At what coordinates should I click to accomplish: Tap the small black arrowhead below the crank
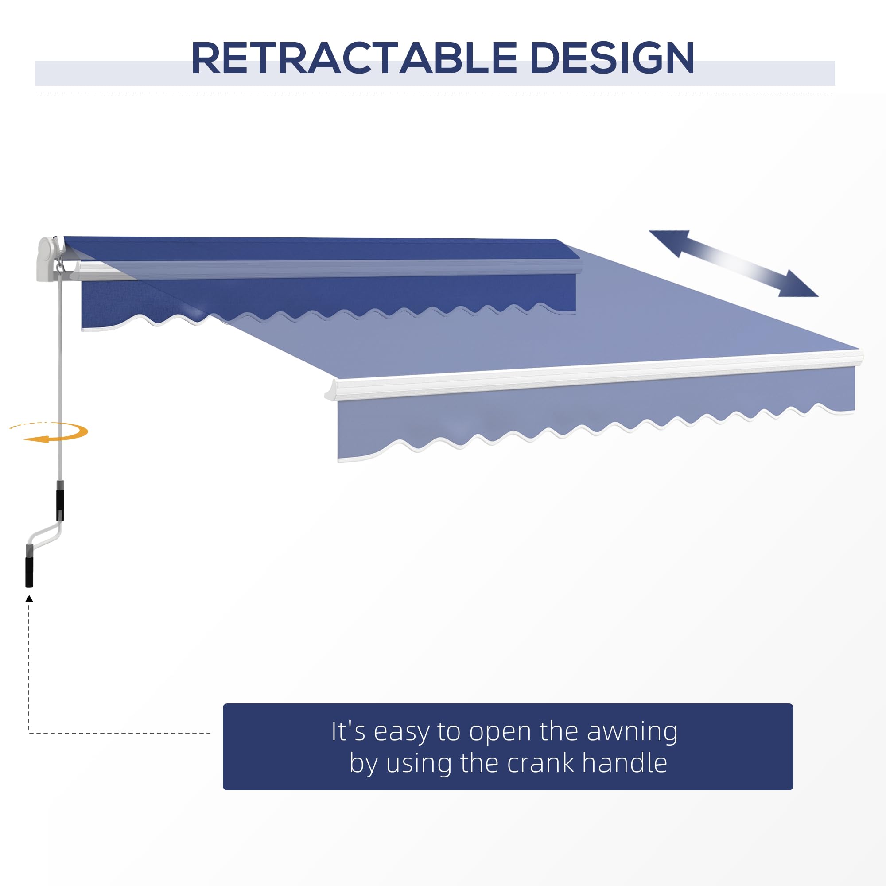tap(29, 598)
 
